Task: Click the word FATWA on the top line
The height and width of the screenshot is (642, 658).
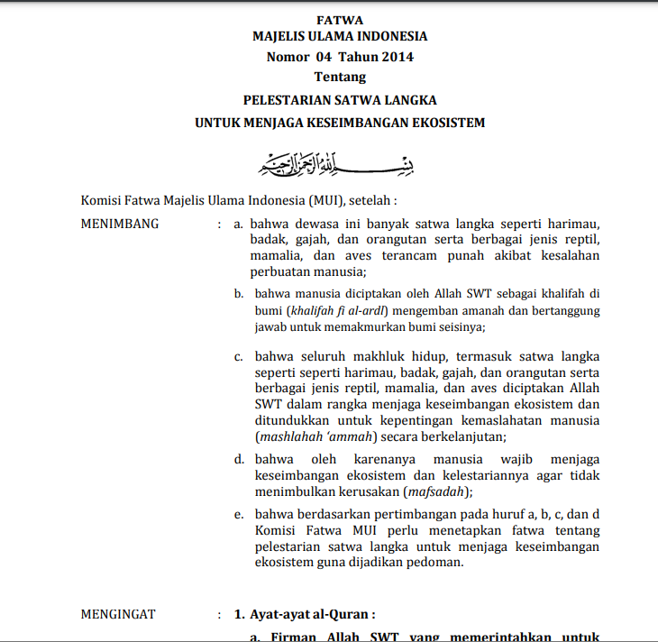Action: (x=340, y=19)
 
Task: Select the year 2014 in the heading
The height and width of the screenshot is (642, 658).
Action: (x=396, y=57)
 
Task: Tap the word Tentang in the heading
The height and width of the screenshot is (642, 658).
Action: (x=340, y=77)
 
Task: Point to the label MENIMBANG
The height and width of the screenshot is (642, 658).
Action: (x=120, y=224)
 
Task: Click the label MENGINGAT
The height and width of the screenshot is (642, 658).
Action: (x=118, y=614)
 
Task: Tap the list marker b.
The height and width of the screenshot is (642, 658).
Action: (x=239, y=293)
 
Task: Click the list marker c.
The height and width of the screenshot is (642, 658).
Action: (x=239, y=356)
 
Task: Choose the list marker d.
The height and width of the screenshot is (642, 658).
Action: (x=239, y=459)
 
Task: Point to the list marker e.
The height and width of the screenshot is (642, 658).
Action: (x=239, y=515)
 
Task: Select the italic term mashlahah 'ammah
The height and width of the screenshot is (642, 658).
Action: (x=314, y=437)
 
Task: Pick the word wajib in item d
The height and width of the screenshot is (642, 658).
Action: (x=511, y=459)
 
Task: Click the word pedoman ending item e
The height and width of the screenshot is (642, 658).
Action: (x=436, y=564)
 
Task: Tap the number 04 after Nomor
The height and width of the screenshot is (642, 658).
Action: (x=324, y=57)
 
